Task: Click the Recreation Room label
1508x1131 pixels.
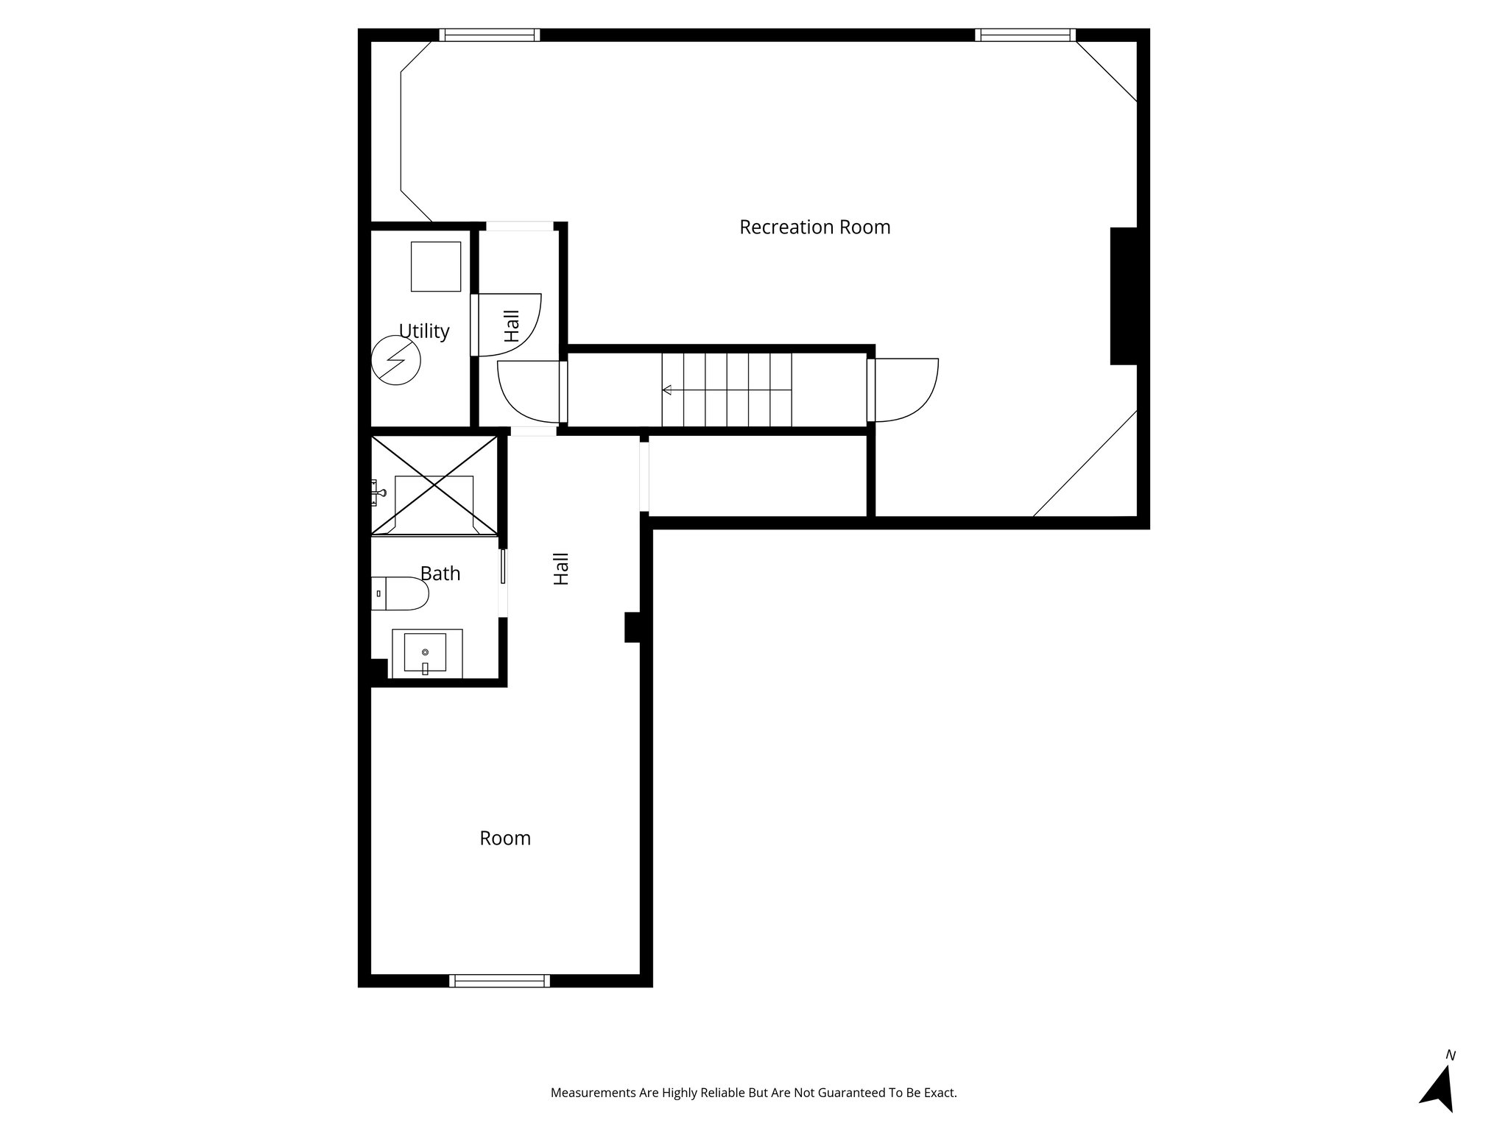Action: click(x=814, y=228)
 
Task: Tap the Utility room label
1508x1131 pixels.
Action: click(x=423, y=331)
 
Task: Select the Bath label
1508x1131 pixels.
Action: click(x=440, y=574)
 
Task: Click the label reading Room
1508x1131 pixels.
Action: click(x=505, y=838)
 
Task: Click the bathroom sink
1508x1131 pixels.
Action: click(x=426, y=652)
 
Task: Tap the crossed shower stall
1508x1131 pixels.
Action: click(x=434, y=485)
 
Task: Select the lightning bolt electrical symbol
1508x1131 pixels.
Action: click(x=395, y=360)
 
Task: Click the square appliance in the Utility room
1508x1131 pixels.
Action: click(x=436, y=266)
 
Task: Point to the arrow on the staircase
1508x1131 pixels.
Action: click(x=667, y=390)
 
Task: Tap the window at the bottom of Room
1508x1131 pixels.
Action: click(x=500, y=981)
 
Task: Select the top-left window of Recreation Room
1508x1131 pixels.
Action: click(x=490, y=35)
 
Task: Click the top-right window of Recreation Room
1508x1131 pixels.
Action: click(x=1025, y=35)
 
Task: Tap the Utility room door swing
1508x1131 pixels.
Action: click(x=508, y=324)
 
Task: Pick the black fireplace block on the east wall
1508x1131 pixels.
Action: click(x=1124, y=295)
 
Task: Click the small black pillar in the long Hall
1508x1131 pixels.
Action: click(x=632, y=627)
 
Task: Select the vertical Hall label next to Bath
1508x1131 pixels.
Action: click(x=561, y=569)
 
